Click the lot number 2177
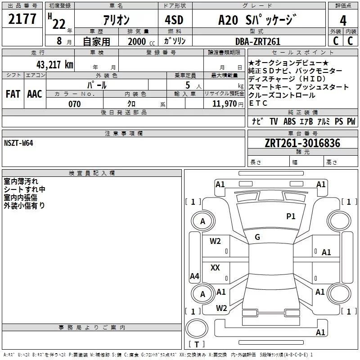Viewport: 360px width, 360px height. [22, 19]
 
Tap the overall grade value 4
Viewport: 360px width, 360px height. [343, 21]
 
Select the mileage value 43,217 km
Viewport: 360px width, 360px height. [54, 65]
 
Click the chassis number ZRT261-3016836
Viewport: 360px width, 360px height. [302, 143]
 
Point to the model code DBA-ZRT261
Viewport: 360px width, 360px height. [258, 41]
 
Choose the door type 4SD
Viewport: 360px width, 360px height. [174, 20]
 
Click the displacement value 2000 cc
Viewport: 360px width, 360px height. [141, 42]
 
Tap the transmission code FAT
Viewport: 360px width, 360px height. [13, 94]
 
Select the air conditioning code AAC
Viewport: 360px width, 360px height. [35, 94]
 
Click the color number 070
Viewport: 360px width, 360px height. [75, 104]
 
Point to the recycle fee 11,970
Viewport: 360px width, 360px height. [224, 104]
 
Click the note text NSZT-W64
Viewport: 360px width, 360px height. [18, 143]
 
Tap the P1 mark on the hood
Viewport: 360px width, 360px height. [291, 216]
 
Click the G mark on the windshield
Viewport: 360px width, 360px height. [257, 237]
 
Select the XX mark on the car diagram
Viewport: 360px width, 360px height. [215, 267]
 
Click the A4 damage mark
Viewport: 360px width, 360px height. [194, 276]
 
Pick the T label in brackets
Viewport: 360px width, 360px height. [197, 344]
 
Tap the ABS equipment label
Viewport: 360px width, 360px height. [289, 121]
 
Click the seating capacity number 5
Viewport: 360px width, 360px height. [188, 85]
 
